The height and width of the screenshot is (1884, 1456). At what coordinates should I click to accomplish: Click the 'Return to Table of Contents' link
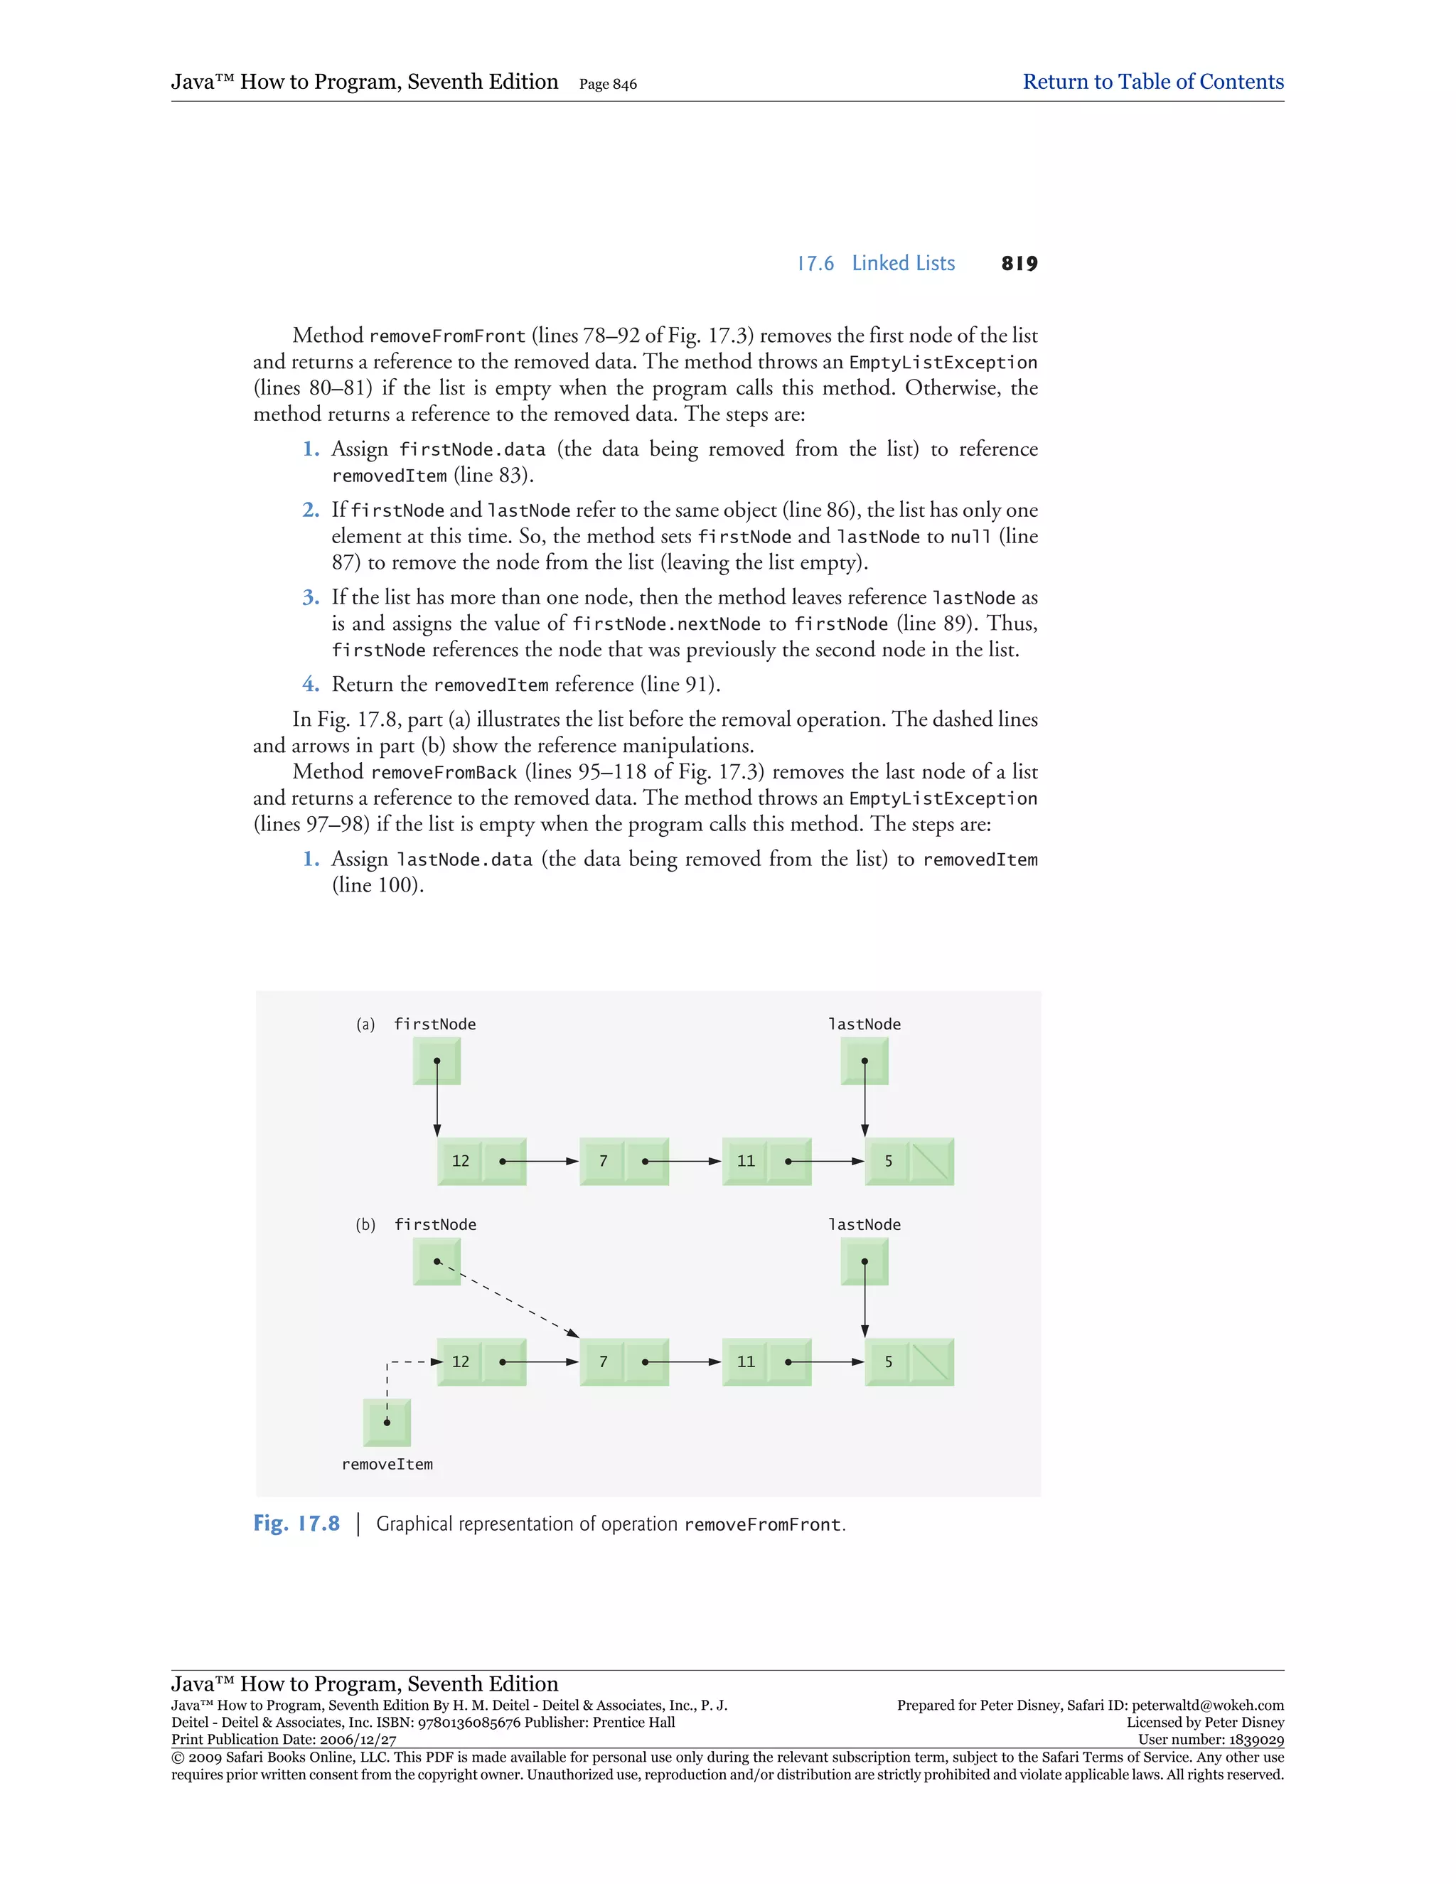[1152, 82]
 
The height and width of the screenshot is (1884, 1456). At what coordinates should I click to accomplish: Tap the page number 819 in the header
[1019, 264]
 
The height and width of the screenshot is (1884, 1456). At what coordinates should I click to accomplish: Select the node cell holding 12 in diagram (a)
[461, 1161]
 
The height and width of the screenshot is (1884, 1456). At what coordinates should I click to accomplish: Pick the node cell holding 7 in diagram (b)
[603, 1362]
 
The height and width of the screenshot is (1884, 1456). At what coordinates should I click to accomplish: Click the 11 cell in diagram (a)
[745, 1161]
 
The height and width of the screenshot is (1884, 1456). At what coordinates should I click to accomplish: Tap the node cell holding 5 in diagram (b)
[887, 1362]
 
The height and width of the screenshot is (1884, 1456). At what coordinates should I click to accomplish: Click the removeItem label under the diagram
[387, 1465]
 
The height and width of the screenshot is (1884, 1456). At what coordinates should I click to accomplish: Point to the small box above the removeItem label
[387, 1423]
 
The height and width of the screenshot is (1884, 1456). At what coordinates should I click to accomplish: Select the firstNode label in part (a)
[434, 1024]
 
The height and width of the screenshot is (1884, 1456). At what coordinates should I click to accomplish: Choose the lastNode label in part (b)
[864, 1225]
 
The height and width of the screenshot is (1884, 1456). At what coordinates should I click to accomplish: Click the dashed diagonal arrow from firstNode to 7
[509, 1299]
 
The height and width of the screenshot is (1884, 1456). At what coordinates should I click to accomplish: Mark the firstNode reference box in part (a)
[437, 1061]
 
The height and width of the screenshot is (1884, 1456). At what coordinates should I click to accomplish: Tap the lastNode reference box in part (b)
[864, 1262]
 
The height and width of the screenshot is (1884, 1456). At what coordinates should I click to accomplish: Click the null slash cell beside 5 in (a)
[931, 1161]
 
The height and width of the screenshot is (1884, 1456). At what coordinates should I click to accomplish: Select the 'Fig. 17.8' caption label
[296, 1524]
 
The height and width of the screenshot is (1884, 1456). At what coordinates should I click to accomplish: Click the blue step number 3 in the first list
[311, 598]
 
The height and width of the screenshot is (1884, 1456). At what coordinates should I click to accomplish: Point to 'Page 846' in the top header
[608, 85]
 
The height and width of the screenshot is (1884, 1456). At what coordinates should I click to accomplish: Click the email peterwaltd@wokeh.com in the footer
[1208, 1706]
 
